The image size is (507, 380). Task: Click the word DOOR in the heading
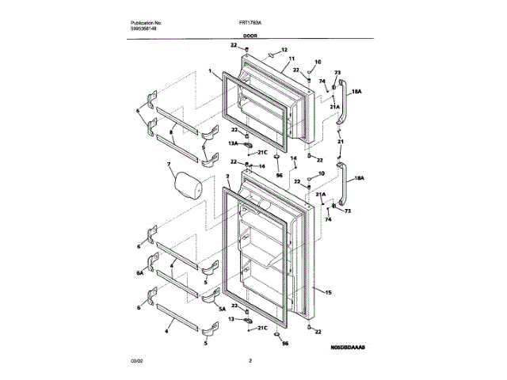[250, 36]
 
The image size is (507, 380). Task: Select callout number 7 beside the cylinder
[169, 165]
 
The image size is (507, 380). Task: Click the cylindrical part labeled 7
[189, 186]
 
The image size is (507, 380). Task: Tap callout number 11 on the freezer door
[292, 60]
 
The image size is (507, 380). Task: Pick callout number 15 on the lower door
[327, 293]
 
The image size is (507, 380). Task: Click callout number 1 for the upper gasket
[211, 71]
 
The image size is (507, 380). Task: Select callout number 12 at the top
[284, 50]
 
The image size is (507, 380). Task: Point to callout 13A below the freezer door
[234, 143]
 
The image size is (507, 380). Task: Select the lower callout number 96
[284, 344]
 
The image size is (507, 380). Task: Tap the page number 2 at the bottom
[250, 362]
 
